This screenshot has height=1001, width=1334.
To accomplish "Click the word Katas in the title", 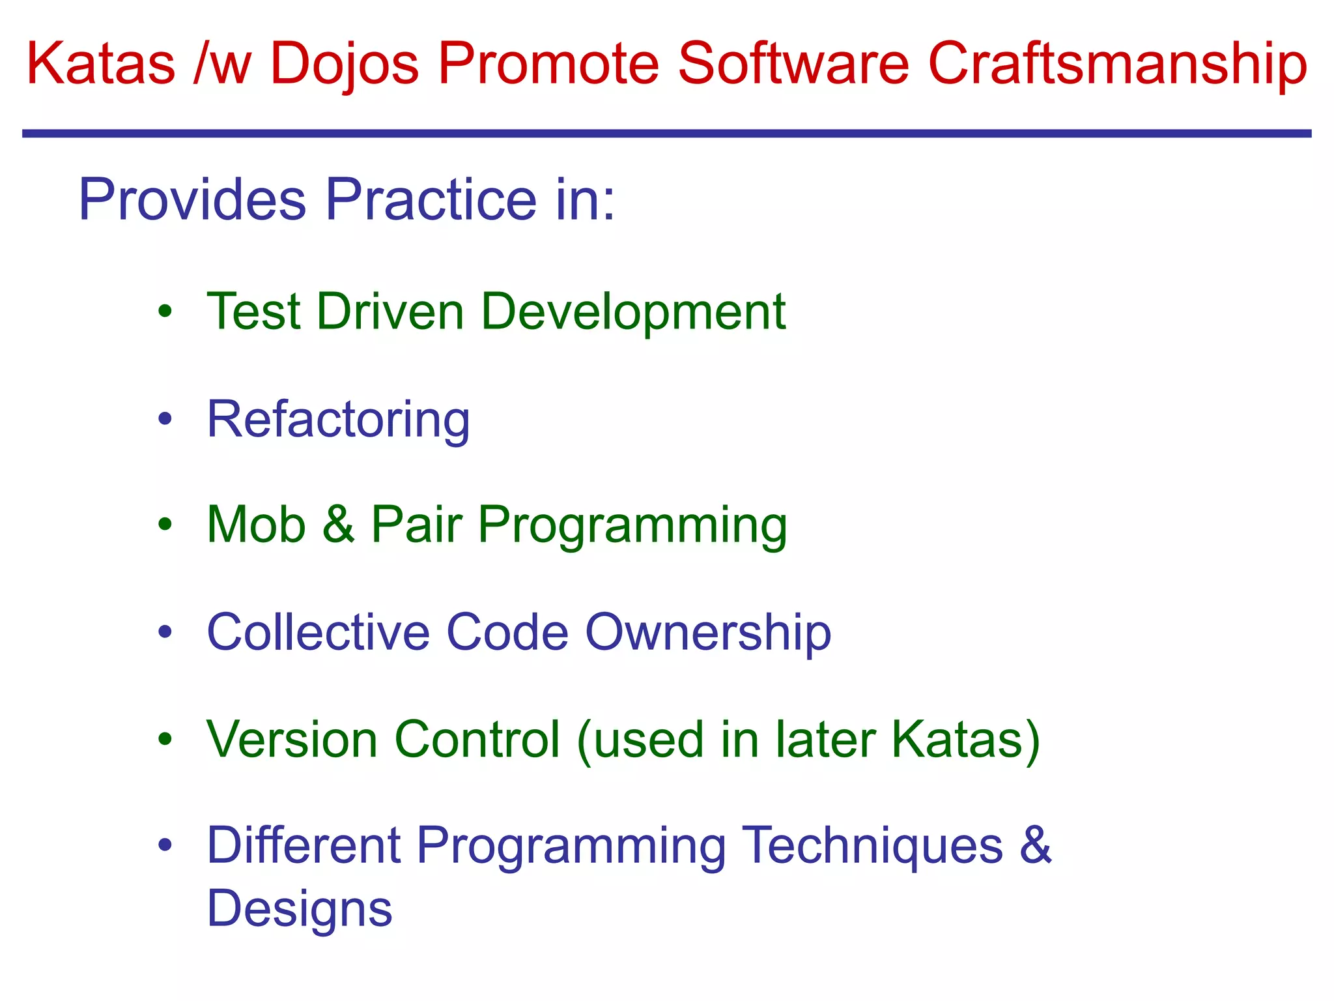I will [x=101, y=64].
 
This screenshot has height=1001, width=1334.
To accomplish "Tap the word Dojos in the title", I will [x=345, y=64].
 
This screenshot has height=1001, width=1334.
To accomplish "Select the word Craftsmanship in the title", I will [x=1117, y=64].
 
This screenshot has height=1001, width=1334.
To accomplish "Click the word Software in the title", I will [x=793, y=64].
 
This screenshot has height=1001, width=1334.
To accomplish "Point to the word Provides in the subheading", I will [x=192, y=199].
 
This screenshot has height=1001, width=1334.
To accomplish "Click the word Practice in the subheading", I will [x=431, y=199].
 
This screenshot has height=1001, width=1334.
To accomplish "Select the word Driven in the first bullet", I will [x=390, y=312].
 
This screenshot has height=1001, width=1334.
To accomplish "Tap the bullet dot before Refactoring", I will [x=165, y=420].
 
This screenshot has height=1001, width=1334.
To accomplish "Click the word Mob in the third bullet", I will [x=256, y=525].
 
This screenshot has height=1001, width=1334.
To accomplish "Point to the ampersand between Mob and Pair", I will [x=338, y=525].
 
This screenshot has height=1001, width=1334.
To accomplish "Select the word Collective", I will [x=319, y=632].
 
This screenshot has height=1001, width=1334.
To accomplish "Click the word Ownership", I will [x=708, y=632].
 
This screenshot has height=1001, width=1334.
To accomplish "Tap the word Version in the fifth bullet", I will [x=292, y=740].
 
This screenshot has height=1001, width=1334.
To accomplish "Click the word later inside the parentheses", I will [x=825, y=740].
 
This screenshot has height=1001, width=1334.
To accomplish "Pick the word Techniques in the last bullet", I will [x=872, y=846].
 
